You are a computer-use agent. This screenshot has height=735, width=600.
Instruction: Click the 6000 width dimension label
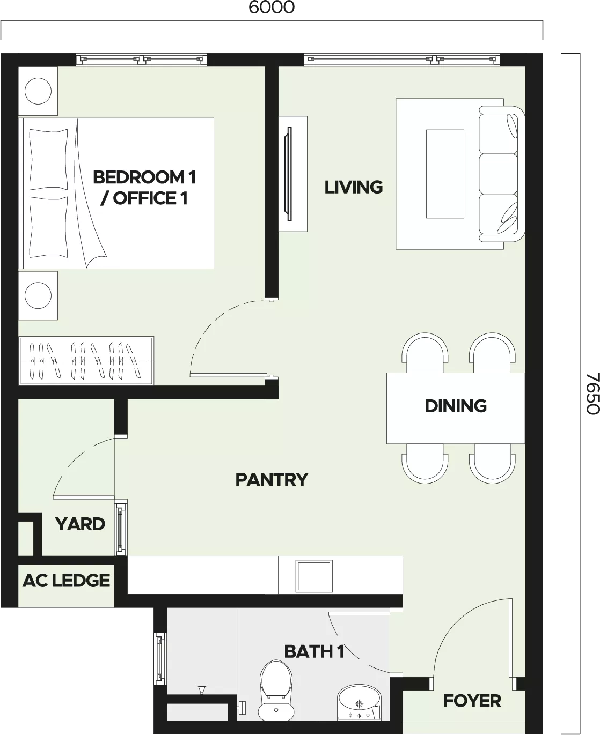click(x=272, y=8)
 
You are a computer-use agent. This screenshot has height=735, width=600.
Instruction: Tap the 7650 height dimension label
click(x=592, y=394)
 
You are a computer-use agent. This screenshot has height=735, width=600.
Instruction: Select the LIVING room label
click(x=353, y=187)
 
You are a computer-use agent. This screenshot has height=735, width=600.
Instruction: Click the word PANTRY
click(x=272, y=479)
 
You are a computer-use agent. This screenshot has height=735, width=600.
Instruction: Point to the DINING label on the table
click(x=456, y=406)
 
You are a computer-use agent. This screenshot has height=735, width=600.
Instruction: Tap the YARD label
click(x=80, y=524)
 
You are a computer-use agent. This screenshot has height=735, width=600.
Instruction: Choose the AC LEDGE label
click(x=67, y=581)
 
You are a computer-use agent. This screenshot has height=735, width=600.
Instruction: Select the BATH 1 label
click(x=314, y=652)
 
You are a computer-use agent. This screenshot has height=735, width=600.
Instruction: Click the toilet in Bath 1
click(x=276, y=691)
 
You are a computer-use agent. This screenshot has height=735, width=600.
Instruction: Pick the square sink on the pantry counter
click(x=314, y=576)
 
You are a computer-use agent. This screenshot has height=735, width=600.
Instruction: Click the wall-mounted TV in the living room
click(x=289, y=174)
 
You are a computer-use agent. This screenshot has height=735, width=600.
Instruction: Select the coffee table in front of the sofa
click(x=445, y=174)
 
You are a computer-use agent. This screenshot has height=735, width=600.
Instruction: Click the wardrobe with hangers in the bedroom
click(x=86, y=361)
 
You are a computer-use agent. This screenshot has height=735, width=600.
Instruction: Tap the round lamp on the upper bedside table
click(x=38, y=91)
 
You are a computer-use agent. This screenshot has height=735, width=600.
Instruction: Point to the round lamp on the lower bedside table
click(x=38, y=295)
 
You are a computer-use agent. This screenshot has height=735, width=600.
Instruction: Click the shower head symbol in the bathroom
click(x=202, y=689)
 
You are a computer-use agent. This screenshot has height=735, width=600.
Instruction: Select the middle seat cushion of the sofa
click(x=498, y=174)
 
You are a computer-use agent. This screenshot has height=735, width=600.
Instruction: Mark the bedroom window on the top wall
click(x=142, y=60)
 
